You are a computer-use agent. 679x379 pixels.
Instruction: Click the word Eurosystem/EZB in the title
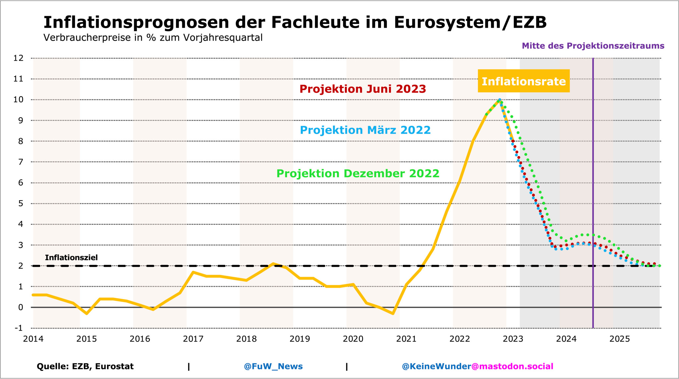point(470,23)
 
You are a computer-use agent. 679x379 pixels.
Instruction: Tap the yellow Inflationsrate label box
point(524,81)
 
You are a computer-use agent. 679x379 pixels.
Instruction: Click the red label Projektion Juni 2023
point(362,89)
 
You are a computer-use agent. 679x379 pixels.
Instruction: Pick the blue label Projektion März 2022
point(365,130)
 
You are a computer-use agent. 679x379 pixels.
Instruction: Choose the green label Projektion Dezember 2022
point(358,173)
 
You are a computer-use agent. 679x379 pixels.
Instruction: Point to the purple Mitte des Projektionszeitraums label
point(593,46)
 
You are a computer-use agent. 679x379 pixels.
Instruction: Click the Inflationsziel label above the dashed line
point(71,258)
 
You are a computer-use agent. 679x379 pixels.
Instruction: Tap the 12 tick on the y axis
point(19,58)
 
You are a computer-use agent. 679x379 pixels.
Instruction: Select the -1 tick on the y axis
point(19,328)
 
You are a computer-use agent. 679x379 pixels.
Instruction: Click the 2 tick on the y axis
point(21,266)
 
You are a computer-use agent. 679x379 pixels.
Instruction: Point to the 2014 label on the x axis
point(33,339)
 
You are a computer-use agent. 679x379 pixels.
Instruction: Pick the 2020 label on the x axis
point(353,339)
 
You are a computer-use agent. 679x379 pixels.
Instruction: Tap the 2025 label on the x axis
point(620,339)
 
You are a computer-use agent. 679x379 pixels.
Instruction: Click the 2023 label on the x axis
point(513,339)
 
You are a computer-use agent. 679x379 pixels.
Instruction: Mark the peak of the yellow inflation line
point(499,100)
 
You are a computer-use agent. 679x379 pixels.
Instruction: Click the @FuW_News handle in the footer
point(273,366)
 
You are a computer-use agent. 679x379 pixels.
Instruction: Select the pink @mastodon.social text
point(512,366)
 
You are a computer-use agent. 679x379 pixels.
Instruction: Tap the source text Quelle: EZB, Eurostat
point(85,366)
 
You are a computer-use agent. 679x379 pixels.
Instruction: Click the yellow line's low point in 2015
point(87,313)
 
